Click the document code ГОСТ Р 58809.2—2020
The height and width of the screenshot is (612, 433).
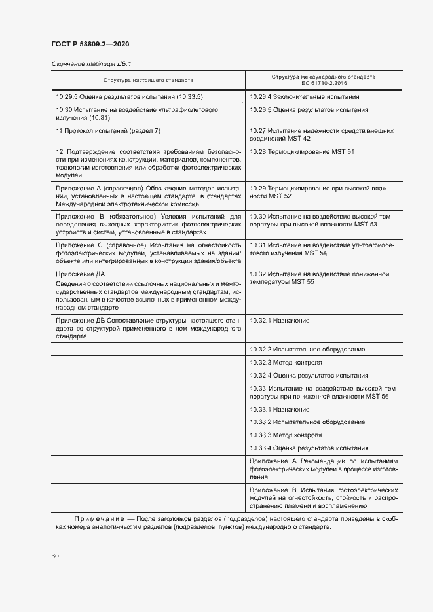click(90, 44)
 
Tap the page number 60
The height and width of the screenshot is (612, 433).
click(55, 556)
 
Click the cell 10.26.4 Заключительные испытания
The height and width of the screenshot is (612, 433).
click(305, 97)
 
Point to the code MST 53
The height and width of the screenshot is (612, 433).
click(364, 225)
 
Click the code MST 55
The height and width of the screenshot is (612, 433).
click(302, 281)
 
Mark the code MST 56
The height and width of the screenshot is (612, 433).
click(375, 397)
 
